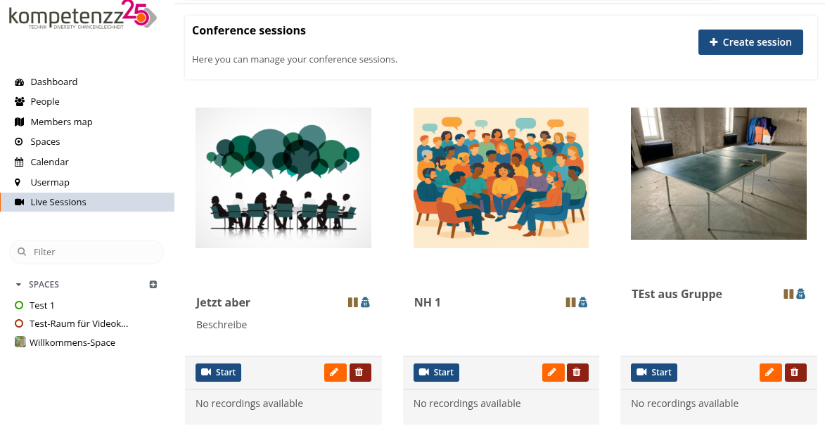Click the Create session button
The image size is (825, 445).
tap(750, 42)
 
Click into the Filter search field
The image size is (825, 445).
tap(87, 252)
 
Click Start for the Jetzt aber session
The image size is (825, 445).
tap(218, 373)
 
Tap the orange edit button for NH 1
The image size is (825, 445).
tap(553, 373)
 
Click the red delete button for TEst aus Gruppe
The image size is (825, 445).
tap(795, 373)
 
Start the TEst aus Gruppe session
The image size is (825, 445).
tap(654, 373)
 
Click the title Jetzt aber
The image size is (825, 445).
tap(223, 302)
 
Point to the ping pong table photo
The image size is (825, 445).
tap(719, 174)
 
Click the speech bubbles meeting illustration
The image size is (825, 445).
tap(283, 178)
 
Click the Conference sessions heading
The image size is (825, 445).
tap(249, 30)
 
